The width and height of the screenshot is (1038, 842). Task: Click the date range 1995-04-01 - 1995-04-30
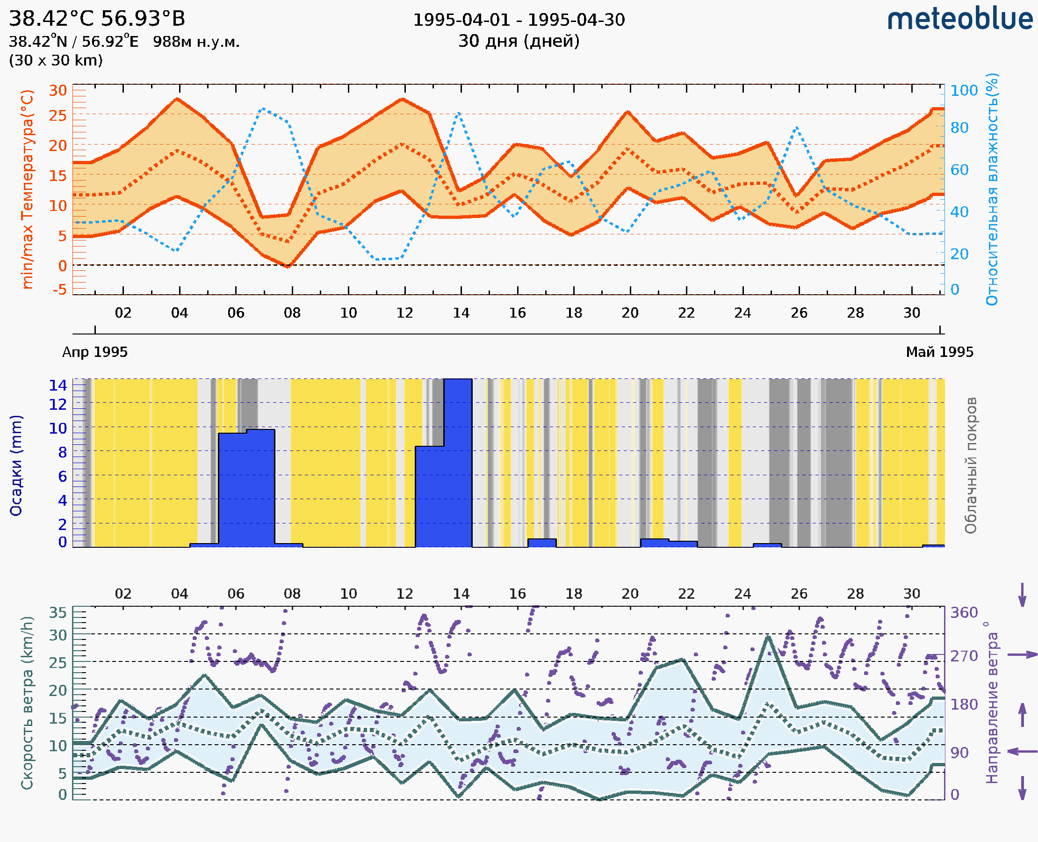[518, 20]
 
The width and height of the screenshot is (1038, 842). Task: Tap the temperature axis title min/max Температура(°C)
[28, 189]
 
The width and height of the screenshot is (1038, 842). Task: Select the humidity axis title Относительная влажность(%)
[992, 189]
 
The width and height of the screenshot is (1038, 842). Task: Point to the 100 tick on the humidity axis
[964, 91]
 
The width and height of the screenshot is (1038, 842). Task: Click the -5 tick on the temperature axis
[60, 290]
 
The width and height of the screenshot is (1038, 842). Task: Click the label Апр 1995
[95, 352]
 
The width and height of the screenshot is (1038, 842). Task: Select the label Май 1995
[939, 352]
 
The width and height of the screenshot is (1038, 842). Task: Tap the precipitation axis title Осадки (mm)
[16, 465]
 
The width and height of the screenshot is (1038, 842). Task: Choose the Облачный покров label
[970, 465]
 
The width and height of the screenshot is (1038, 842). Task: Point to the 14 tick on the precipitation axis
[58, 385]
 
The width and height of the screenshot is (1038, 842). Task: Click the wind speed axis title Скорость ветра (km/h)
[27, 703]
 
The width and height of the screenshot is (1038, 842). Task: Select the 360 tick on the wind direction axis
[964, 613]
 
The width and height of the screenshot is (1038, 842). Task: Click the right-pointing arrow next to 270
[1022, 655]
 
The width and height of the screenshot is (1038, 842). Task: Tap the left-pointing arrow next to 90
[1022, 751]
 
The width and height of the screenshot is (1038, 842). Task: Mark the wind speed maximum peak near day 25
[767, 637]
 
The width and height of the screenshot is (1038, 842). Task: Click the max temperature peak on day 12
[402, 100]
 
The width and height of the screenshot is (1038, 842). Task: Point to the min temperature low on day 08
[288, 266]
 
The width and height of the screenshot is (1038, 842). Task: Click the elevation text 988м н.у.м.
[196, 42]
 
